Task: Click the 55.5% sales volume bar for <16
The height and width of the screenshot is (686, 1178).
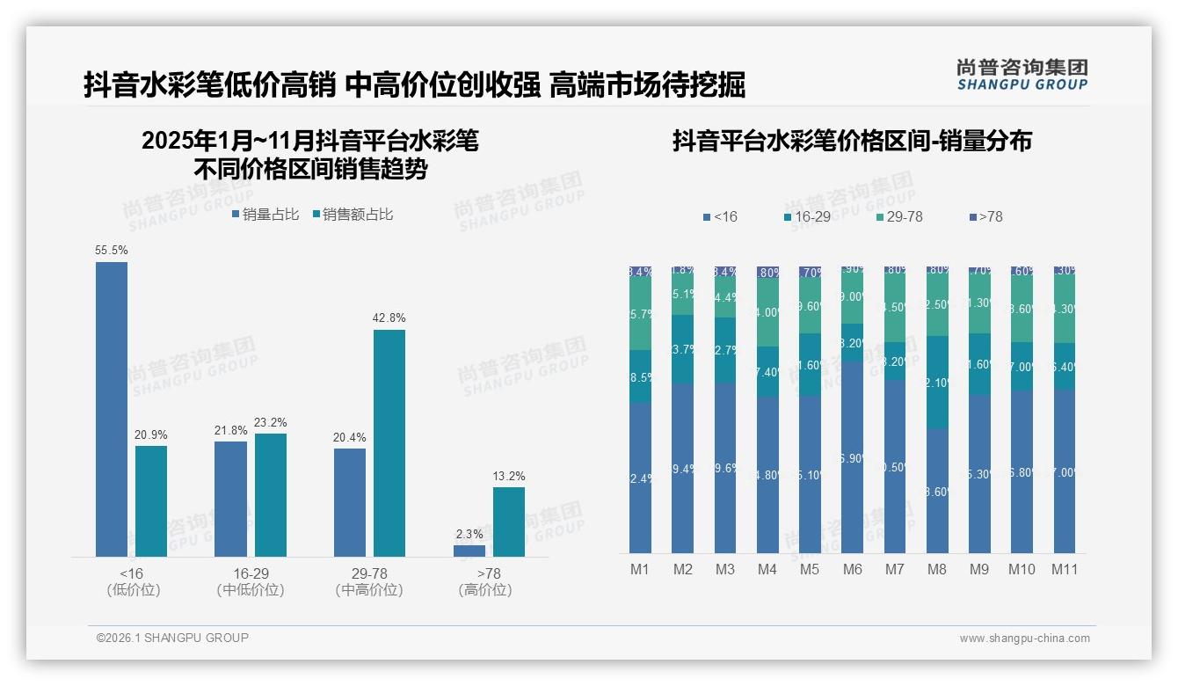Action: tap(112, 409)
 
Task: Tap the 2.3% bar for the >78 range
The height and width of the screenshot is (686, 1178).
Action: tap(469, 551)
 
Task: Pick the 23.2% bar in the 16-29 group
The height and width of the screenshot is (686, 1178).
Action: tap(271, 494)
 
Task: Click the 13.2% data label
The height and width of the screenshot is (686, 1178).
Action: tap(509, 477)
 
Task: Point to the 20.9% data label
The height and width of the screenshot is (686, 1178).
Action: tap(151, 435)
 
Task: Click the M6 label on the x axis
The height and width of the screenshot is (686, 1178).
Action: tap(852, 569)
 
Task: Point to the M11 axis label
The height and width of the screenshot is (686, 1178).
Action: tap(1065, 569)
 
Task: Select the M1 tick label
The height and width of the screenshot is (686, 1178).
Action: tap(640, 569)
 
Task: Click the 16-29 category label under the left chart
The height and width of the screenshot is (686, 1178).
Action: tap(251, 573)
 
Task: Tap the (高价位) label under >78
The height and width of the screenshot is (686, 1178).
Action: tap(485, 590)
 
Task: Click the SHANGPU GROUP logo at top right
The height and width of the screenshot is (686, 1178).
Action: tap(1022, 74)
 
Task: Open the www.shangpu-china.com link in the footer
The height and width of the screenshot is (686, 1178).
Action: tap(1024, 639)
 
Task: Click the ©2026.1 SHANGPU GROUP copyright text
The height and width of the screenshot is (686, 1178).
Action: tap(172, 638)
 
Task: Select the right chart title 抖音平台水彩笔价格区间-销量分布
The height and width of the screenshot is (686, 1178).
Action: tap(852, 141)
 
